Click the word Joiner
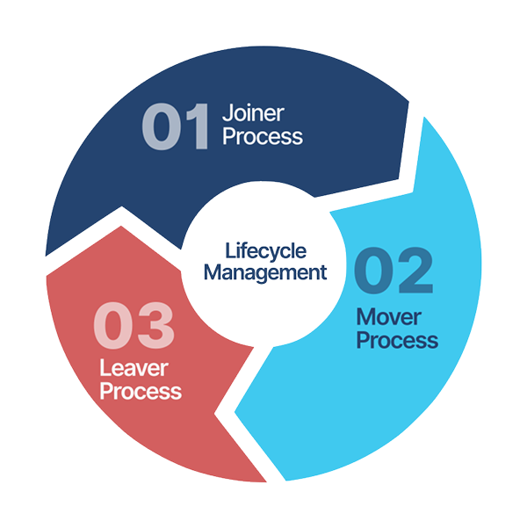252,113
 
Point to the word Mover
386,316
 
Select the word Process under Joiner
262,137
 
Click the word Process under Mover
397,340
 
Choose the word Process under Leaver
141,390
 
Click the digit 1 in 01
199,126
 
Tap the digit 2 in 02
416,271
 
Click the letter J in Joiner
227,113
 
